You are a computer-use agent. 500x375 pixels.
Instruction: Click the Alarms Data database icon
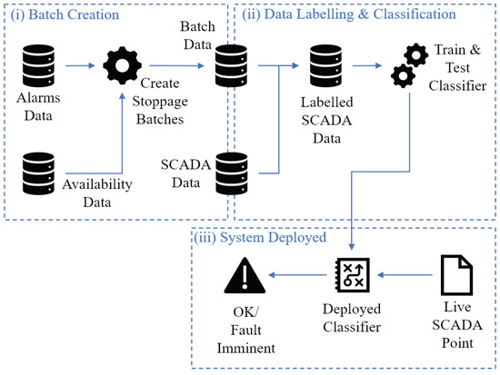click(x=38, y=65)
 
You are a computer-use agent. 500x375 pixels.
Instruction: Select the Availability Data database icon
click(x=38, y=173)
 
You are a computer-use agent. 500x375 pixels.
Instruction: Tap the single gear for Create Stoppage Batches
click(x=122, y=65)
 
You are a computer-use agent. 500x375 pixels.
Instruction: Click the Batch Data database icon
click(x=231, y=65)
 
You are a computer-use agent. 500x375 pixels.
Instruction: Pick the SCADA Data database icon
click(x=232, y=173)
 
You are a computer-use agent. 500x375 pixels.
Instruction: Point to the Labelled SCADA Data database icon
click(x=325, y=65)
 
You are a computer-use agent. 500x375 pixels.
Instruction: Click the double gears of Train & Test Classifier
click(x=409, y=65)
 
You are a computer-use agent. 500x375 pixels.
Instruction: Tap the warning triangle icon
click(x=245, y=275)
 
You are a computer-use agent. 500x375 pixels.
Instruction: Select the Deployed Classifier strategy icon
click(x=352, y=275)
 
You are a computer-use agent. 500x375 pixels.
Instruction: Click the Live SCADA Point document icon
click(x=456, y=275)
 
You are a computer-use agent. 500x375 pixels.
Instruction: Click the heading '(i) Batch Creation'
click(x=65, y=15)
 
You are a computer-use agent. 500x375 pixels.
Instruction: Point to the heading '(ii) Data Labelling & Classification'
click(x=349, y=15)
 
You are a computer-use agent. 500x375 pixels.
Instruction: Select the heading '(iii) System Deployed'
click(x=260, y=238)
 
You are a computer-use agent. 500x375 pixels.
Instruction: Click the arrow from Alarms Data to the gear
click(x=80, y=65)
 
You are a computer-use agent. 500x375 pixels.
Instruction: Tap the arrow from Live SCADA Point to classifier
click(x=405, y=274)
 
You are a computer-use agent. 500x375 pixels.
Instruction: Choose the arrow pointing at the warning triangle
click(x=298, y=274)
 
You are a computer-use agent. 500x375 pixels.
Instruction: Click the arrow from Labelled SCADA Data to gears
click(x=367, y=65)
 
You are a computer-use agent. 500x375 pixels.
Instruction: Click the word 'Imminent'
click(x=245, y=348)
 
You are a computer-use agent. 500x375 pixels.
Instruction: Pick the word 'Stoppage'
click(x=160, y=102)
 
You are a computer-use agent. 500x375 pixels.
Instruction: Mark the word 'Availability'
click(x=97, y=185)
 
